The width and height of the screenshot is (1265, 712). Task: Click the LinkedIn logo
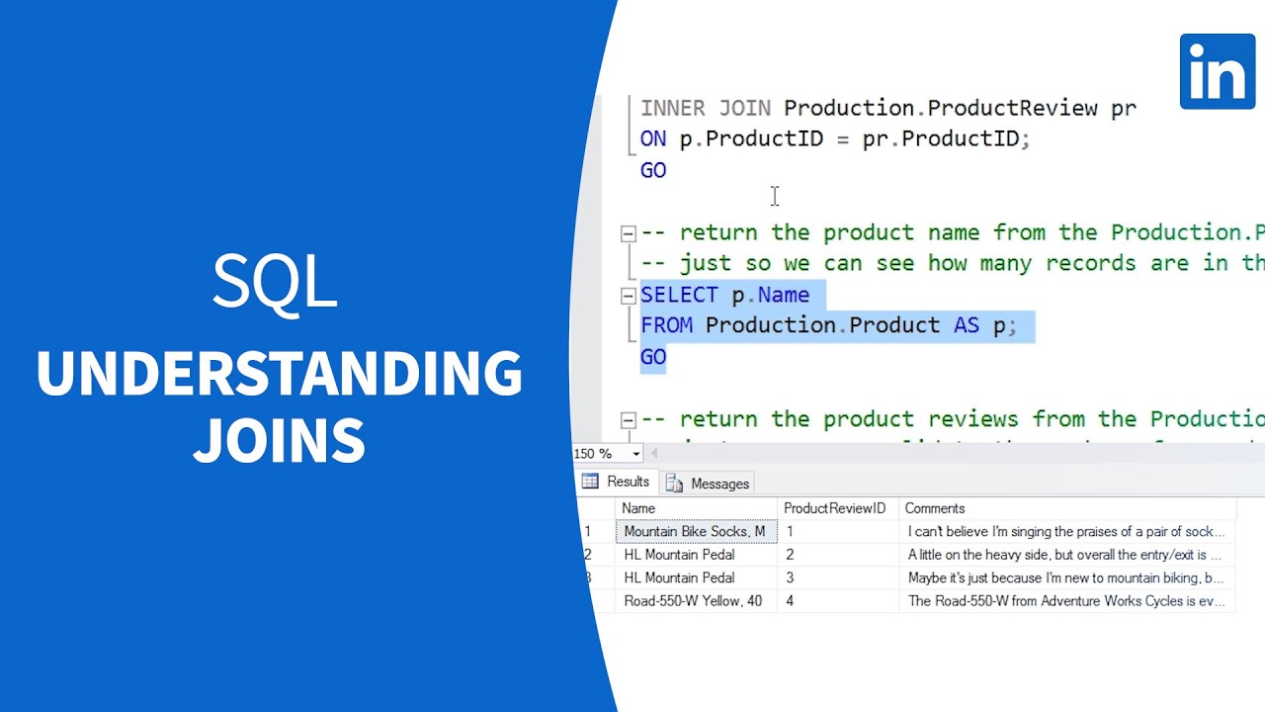click(x=1217, y=71)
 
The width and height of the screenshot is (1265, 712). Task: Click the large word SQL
click(x=275, y=281)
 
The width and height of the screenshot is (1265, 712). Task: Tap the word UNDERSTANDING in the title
click(x=279, y=373)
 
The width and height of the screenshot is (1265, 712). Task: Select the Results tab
click(x=617, y=482)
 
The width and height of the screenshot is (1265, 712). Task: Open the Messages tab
click(x=709, y=484)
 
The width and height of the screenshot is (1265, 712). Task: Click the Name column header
click(x=638, y=508)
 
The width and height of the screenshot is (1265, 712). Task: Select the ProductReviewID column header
click(x=834, y=508)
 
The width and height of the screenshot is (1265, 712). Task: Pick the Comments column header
click(x=934, y=508)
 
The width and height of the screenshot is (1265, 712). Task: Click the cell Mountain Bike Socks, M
click(x=695, y=532)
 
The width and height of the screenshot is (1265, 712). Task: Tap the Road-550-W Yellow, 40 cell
click(x=693, y=601)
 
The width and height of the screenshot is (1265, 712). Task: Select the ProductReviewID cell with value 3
click(x=790, y=578)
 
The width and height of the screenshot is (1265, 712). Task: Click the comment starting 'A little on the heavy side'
click(x=1064, y=555)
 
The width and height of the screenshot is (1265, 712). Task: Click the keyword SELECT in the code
click(x=679, y=295)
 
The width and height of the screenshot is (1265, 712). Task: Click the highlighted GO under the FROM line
click(x=653, y=357)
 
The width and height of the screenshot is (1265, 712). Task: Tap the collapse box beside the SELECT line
click(x=628, y=296)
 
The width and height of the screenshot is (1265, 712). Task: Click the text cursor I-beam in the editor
click(x=775, y=197)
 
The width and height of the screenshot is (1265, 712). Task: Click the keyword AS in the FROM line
click(x=966, y=325)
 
